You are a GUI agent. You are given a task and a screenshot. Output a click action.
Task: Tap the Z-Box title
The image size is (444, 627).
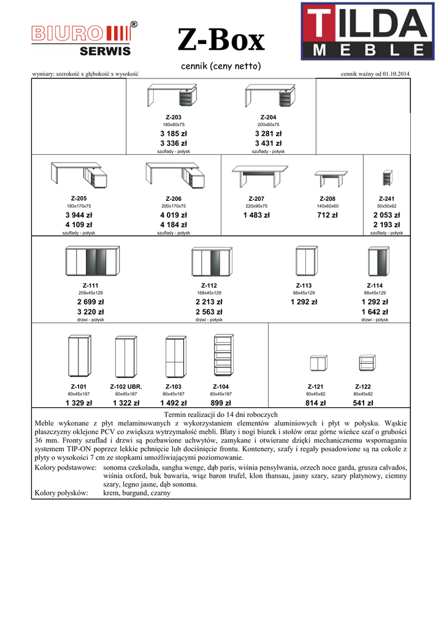click(221, 41)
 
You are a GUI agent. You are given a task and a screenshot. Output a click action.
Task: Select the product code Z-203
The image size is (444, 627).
click(174, 117)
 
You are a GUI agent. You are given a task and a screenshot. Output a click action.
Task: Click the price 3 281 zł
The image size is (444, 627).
click(268, 133)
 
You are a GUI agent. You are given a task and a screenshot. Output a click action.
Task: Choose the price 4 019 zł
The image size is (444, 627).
click(174, 215)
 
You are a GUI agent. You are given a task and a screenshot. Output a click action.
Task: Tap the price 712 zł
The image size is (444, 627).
click(327, 215)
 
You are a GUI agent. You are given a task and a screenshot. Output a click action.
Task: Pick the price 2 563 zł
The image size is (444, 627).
click(209, 312)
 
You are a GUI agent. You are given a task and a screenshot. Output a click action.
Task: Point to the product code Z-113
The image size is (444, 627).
click(304, 285)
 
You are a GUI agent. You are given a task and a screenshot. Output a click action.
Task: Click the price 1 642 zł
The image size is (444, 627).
click(375, 312)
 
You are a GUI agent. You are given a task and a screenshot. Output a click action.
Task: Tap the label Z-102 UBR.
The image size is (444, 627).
click(126, 386)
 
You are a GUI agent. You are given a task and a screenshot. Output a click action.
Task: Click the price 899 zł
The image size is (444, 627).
click(221, 403)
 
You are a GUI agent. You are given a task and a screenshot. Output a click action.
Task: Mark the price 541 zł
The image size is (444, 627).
click(364, 403)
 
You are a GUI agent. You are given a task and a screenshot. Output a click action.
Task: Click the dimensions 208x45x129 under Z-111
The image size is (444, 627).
click(91, 293)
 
